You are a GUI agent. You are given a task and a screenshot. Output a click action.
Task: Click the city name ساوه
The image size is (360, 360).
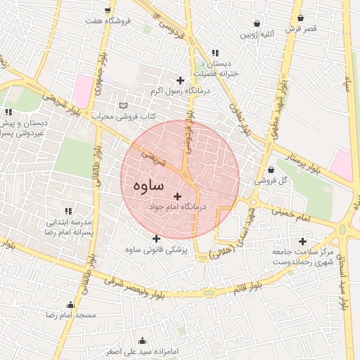147,186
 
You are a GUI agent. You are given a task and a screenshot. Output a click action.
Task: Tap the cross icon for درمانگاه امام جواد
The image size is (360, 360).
176,196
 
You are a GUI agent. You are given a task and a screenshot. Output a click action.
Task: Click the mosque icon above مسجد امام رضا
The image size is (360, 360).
70,304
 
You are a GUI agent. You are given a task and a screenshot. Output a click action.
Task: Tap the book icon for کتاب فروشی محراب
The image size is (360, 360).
124,105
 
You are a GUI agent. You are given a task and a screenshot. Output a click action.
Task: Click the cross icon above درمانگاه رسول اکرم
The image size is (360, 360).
181,81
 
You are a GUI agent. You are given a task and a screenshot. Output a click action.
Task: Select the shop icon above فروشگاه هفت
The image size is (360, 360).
108,10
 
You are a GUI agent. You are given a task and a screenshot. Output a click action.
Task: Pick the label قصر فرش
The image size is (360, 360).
301,29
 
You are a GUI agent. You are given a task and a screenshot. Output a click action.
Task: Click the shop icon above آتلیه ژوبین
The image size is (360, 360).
257,22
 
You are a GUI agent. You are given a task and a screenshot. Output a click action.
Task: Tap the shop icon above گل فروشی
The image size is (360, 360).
271,169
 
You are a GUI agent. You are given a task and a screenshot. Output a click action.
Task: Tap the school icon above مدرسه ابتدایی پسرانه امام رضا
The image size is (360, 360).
68,211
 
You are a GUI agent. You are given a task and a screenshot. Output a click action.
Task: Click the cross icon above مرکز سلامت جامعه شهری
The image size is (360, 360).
302,241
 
